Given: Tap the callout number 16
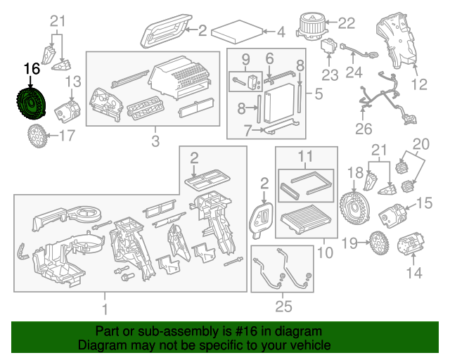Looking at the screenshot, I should click(32, 69).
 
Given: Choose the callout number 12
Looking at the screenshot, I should click(419, 85).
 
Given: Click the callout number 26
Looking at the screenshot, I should click(363, 129).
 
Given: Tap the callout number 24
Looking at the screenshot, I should click(353, 71).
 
